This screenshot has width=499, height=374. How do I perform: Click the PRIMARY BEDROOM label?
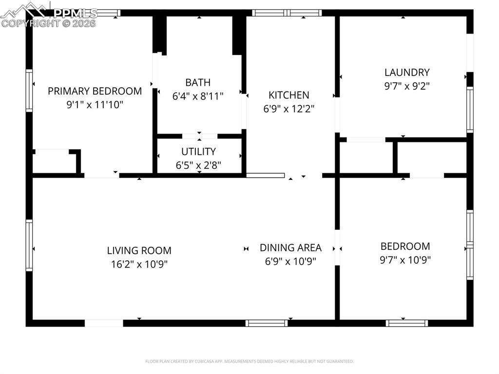[95, 91]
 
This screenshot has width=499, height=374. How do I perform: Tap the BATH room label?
[198, 82]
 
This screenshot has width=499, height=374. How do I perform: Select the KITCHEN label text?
[289, 95]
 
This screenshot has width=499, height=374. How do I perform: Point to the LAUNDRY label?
[407, 73]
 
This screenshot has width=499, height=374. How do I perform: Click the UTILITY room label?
[198, 152]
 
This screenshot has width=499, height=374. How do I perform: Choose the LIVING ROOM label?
[139, 251]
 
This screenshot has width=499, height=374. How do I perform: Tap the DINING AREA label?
[290, 248]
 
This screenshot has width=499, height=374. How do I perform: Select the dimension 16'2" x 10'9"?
[139, 264]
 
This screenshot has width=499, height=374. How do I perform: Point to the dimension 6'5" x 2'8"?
[198, 165]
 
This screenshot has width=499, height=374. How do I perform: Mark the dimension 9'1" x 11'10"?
[95, 104]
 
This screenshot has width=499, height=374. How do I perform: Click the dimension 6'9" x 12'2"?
[289, 109]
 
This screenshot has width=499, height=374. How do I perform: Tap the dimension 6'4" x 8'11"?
[198, 96]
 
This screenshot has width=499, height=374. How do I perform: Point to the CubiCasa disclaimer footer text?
[249, 361]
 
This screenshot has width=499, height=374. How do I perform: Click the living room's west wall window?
[29, 245]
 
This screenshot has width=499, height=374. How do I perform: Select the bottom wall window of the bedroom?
[407, 323]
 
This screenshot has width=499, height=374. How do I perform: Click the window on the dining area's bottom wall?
[267, 323]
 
